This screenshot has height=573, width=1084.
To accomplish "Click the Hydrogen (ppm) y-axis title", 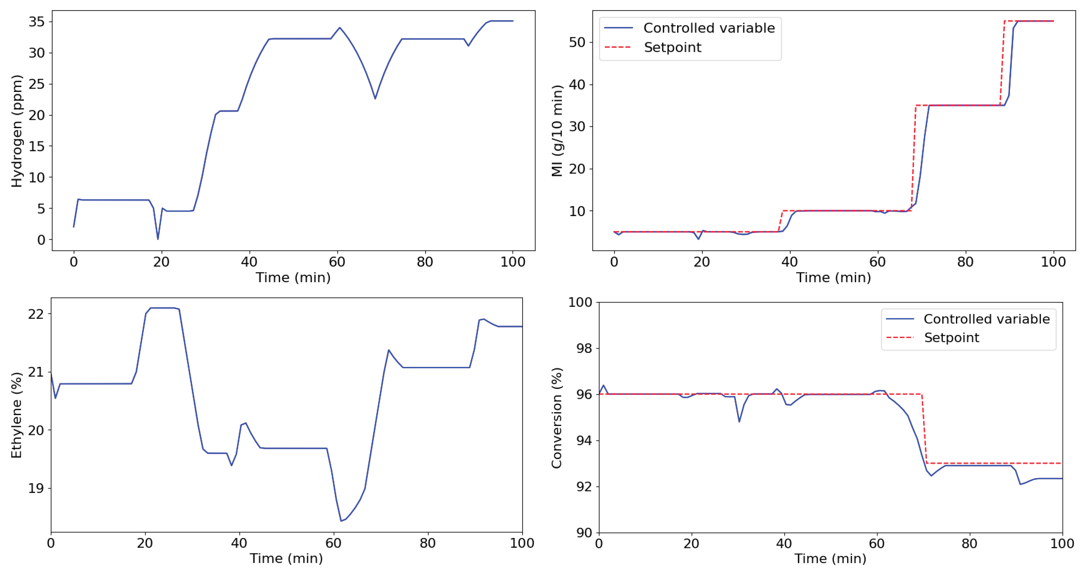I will click(16, 131).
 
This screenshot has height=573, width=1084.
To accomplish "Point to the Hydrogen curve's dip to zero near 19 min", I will click(158, 239).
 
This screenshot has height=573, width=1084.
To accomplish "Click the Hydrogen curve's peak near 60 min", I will click(340, 28).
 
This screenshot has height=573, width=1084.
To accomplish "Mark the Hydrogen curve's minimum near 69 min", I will click(375, 98).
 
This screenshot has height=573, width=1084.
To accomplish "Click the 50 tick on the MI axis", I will click(577, 43).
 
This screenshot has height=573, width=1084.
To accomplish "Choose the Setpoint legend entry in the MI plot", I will click(672, 47).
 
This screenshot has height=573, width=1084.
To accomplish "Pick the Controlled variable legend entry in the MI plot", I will click(709, 28).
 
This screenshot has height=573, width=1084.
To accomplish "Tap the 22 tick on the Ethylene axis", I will click(36, 314).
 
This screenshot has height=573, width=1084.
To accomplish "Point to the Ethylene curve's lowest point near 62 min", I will click(341, 521).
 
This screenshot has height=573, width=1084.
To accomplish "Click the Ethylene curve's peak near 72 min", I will click(389, 350).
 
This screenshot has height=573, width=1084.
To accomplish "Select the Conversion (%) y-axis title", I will click(557, 418).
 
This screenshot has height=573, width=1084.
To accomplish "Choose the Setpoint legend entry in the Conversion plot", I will click(951, 338).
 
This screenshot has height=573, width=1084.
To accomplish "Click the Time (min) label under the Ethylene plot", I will click(286, 558).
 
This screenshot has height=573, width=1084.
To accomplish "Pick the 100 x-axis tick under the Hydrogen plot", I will click(513, 262).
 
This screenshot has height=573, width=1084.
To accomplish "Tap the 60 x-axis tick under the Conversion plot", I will click(877, 544).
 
